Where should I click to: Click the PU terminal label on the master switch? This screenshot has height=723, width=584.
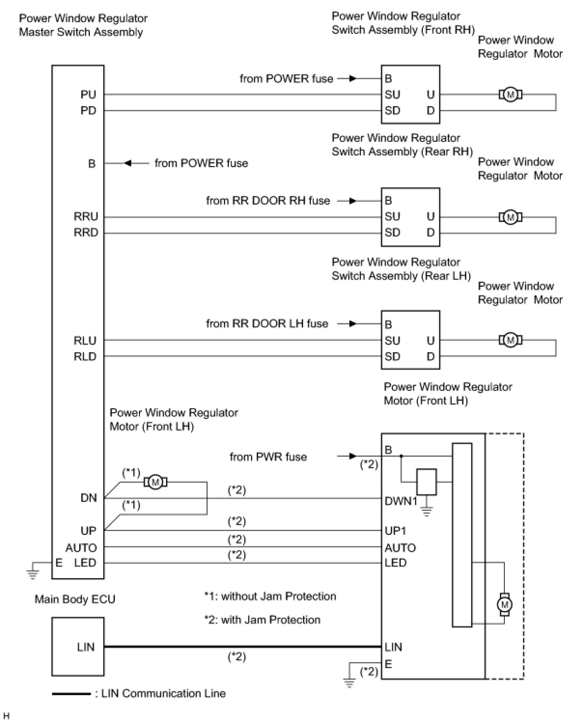point(88,95)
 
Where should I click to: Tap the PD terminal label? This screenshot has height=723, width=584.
point(88,111)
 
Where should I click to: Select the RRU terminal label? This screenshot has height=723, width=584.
point(86,216)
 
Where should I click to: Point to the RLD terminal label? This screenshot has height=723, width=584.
point(85,356)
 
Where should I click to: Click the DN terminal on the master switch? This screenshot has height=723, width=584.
point(89,498)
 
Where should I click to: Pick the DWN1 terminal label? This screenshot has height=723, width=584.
point(401,501)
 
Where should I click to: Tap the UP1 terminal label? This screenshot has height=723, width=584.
point(395,530)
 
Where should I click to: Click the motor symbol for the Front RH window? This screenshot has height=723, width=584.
point(510,95)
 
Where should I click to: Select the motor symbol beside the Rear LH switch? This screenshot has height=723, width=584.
point(510,340)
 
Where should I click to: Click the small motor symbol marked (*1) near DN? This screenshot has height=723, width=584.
point(155,482)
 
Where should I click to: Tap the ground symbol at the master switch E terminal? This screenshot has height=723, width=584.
point(32,574)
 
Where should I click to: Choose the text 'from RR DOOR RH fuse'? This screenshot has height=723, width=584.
point(268,201)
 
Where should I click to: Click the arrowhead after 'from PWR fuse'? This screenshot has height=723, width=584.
point(353,456)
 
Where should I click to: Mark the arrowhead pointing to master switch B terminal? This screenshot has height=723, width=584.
point(127,163)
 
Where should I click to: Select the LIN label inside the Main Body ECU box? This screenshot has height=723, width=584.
point(85,647)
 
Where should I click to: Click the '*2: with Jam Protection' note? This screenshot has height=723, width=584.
point(262,619)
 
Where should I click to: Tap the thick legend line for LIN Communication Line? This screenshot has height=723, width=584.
point(71,694)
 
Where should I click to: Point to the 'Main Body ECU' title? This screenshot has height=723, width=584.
point(75,599)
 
